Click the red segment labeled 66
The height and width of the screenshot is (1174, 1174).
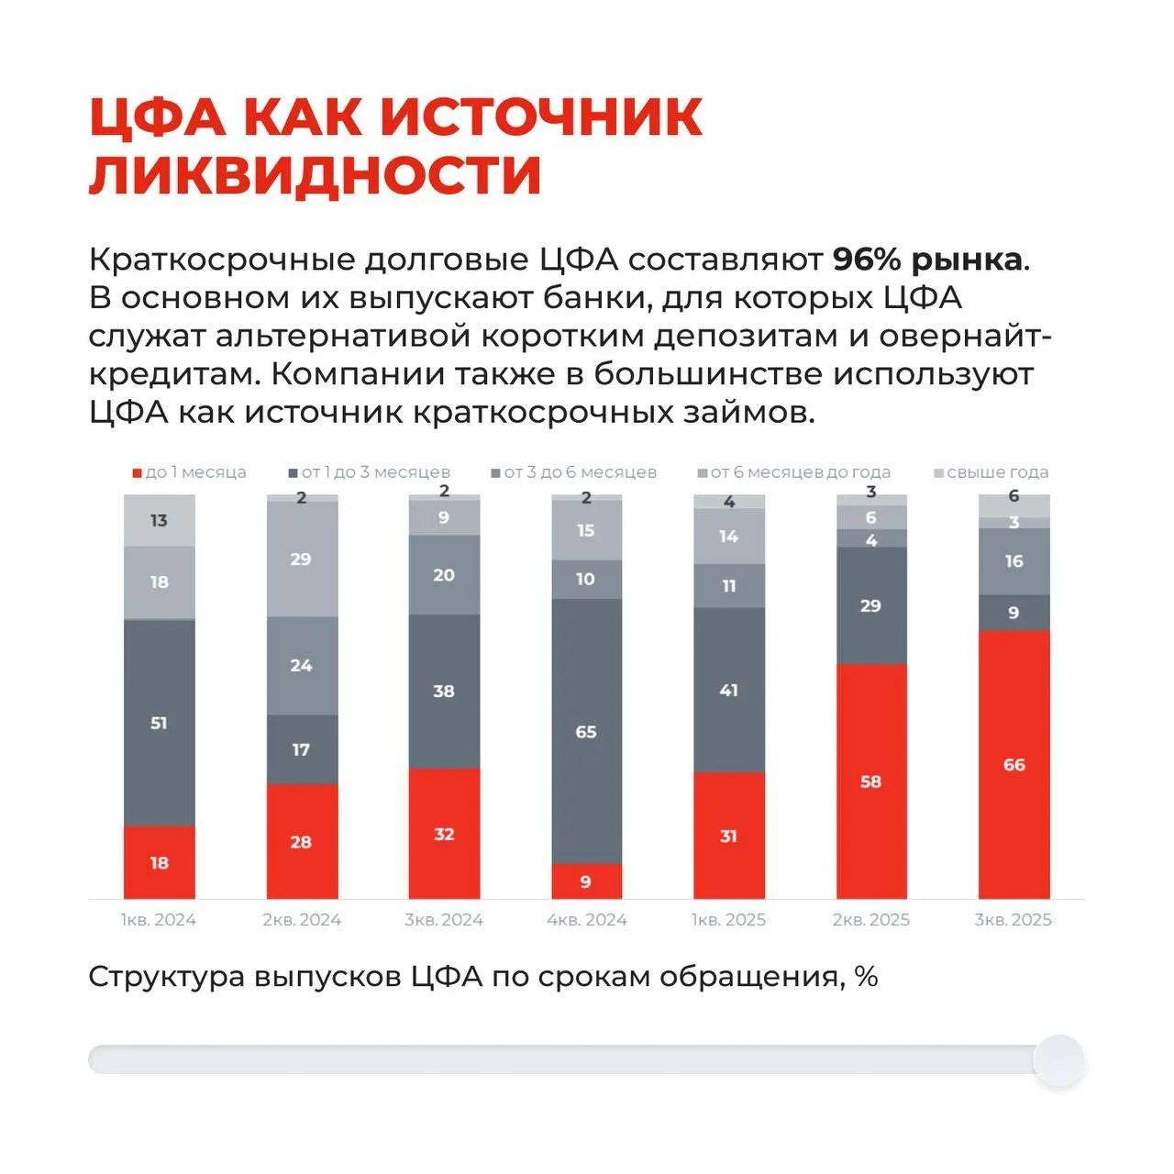click(x=1013, y=764)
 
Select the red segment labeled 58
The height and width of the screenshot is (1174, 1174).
click(x=870, y=781)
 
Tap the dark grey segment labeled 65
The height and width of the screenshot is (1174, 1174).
click(x=586, y=731)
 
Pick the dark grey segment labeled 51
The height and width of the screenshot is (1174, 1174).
click(x=159, y=723)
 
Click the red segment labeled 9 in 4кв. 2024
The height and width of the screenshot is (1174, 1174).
click(x=586, y=881)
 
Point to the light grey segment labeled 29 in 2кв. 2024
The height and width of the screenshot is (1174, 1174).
click(x=302, y=559)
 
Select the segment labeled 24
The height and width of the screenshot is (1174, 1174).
click(x=302, y=665)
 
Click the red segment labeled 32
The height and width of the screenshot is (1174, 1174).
click(x=444, y=834)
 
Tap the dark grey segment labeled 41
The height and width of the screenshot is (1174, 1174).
click(x=728, y=690)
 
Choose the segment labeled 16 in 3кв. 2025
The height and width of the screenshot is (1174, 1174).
click(x=1013, y=560)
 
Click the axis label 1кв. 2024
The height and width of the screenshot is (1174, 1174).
click(x=159, y=920)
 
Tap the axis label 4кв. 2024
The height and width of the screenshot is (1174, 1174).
click(x=586, y=920)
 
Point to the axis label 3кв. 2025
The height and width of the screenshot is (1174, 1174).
click(x=1013, y=920)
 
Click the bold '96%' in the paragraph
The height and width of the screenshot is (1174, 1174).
click(x=867, y=260)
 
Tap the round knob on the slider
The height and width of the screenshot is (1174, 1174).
click(x=1058, y=1060)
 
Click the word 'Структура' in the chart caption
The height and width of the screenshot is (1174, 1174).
click(x=166, y=977)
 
